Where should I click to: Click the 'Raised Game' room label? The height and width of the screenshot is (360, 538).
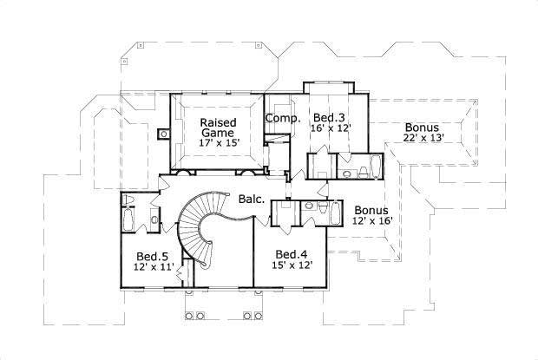[213, 128]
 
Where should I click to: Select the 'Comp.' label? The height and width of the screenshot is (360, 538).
[282, 118]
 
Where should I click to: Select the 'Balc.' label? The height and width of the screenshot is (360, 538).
[252, 200]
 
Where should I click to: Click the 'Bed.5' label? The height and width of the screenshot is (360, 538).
[153, 257]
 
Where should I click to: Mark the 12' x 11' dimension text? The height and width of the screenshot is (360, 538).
[154, 268]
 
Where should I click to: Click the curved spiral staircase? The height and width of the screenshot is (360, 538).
[201, 229]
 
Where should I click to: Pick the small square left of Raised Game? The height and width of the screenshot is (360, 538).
[163, 134]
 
